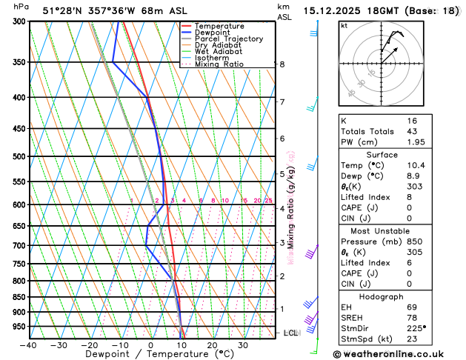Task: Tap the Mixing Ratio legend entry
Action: pyautogui.click(x=219, y=64)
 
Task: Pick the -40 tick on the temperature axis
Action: pyautogui.click(x=28, y=345)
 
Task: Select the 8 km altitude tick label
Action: pyautogui.click(x=282, y=64)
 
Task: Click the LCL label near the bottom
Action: pyautogui.click(x=290, y=333)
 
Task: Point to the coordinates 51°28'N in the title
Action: pyautogui.click(x=64, y=10)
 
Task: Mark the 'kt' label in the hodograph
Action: pyautogui.click(x=344, y=25)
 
